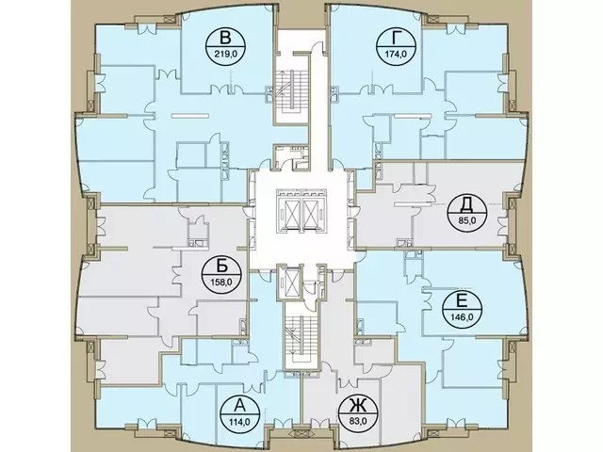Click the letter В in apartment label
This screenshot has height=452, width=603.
[x=226, y=39]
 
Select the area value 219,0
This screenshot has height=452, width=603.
[x=226, y=55]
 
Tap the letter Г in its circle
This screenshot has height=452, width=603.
[x=396, y=39]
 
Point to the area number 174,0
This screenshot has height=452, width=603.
[x=396, y=55]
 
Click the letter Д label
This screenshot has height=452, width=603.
[x=466, y=206]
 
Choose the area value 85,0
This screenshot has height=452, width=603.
[x=467, y=221]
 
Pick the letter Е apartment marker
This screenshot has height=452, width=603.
[x=462, y=300]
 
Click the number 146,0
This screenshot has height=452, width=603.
[x=462, y=317]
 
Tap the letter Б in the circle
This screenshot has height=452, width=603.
[x=222, y=266]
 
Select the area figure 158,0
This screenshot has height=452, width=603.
[x=221, y=282]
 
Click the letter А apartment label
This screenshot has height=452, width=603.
[x=240, y=405]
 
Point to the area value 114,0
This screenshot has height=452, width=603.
[x=240, y=422]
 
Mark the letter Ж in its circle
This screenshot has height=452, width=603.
[x=358, y=405]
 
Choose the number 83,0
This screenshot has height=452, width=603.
[x=358, y=422]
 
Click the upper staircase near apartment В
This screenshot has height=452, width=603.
[x=291, y=90]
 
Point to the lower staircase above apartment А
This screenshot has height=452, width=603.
[x=301, y=335]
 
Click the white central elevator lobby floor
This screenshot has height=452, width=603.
[x=302, y=246]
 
